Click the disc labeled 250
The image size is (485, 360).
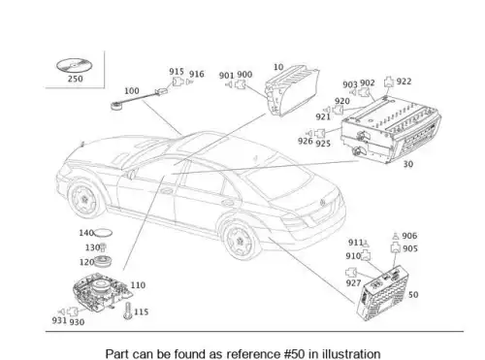coord(75,65)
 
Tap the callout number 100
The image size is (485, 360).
coord(132,91)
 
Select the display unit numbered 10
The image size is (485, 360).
coord(291,91)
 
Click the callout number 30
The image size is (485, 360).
coord(408,164)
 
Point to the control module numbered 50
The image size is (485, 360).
coord(382,293)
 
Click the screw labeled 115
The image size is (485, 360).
coord(128,311)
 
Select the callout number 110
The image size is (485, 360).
coord(138,285)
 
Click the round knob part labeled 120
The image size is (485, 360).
coord(103,261)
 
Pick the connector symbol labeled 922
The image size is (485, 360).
coord(389,82)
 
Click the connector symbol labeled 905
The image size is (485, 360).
coord(396,248)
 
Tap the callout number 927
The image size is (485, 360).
coord(353,283)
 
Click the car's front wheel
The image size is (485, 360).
coord(84,199)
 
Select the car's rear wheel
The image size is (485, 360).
coord(240,241)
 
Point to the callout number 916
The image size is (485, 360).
coord(197,74)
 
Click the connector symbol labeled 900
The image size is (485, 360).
coord(241,84)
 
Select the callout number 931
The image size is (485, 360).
coord(59,320)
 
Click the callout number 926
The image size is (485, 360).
coord(306,141)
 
